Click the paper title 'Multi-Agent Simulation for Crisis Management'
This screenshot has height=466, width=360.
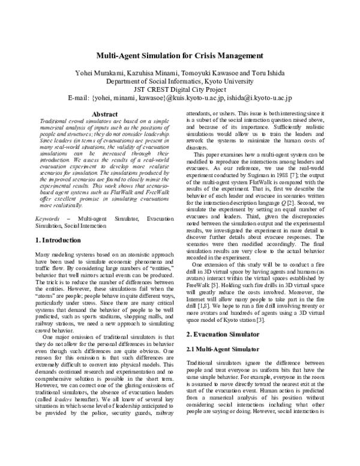179,56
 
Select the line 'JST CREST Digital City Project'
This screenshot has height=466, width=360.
179,88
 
